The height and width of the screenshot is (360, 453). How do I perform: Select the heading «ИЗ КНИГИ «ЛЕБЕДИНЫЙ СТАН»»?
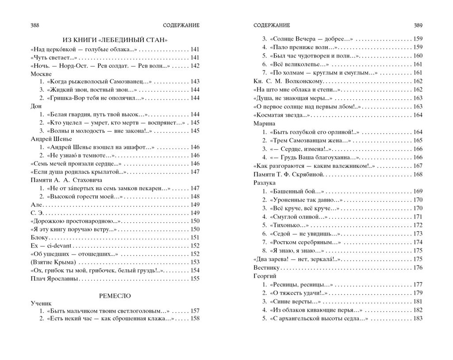[x=115, y=39]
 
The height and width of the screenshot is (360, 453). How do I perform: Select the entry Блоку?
[x=39, y=238]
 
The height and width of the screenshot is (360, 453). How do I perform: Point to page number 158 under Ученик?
[x=195, y=318]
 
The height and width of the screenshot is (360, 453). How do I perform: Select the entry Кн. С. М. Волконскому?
[x=289, y=81]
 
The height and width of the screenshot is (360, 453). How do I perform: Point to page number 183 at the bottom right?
[x=418, y=318]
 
